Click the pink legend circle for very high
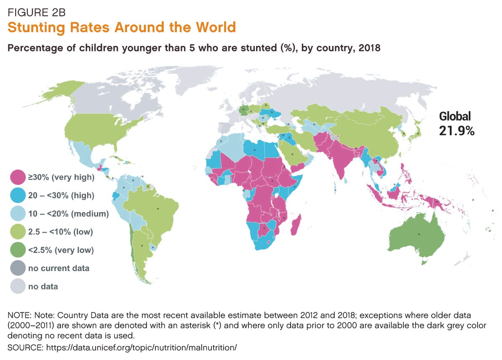click(x=18, y=177)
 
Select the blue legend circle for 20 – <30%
click(x=18, y=196)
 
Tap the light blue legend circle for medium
click(x=18, y=214)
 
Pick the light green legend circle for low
click(x=18, y=232)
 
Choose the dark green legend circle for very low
click(x=18, y=250)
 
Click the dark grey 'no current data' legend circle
click(x=18, y=268)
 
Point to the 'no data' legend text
click(x=43, y=287)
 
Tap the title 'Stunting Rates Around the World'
click(x=121, y=28)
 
